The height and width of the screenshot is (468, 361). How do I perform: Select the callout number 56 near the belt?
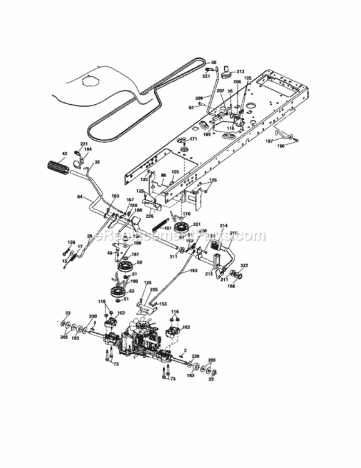click(214, 62)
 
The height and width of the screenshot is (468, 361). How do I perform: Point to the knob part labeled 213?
click(241, 72)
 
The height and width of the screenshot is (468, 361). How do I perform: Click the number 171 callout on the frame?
click(194, 139)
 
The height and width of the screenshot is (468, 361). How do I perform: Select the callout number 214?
click(224, 225)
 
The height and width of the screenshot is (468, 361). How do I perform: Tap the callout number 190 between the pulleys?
click(134, 281)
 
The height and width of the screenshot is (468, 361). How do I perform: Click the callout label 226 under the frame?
click(150, 217)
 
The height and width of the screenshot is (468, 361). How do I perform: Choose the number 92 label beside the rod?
click(191, 108)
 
